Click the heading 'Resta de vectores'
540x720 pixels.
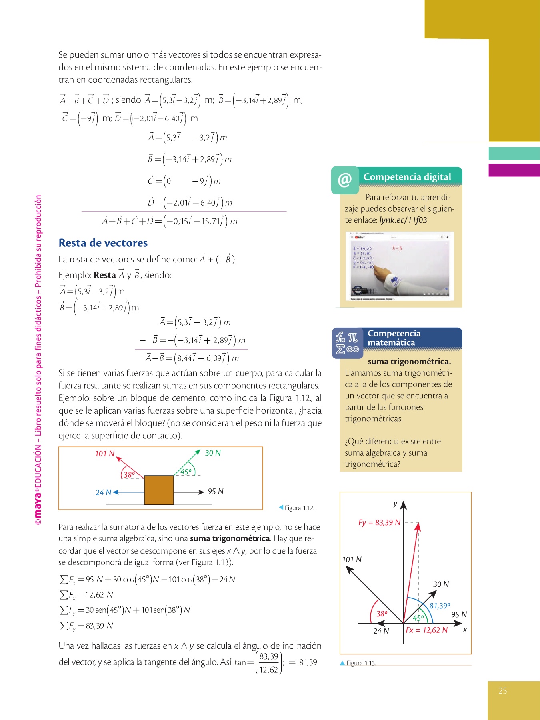point(103,243)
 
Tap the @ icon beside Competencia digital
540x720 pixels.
point(345,180)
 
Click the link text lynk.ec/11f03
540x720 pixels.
point(403,220)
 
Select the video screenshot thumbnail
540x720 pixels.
point(400,266)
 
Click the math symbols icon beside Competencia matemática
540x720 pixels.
point(347,343)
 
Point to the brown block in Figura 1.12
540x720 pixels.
point(159,490)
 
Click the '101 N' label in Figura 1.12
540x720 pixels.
point(104,454)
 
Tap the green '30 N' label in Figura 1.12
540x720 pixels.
point(213,453)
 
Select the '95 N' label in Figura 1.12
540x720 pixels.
point(216,491)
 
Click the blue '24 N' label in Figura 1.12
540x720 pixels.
point(103,492)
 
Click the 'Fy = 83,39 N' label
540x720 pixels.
point(379,522)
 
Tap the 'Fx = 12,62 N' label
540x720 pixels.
point(426,630)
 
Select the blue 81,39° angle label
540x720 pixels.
point(440,606)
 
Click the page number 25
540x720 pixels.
point(503,690)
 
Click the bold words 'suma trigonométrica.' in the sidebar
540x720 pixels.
point(409,362)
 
